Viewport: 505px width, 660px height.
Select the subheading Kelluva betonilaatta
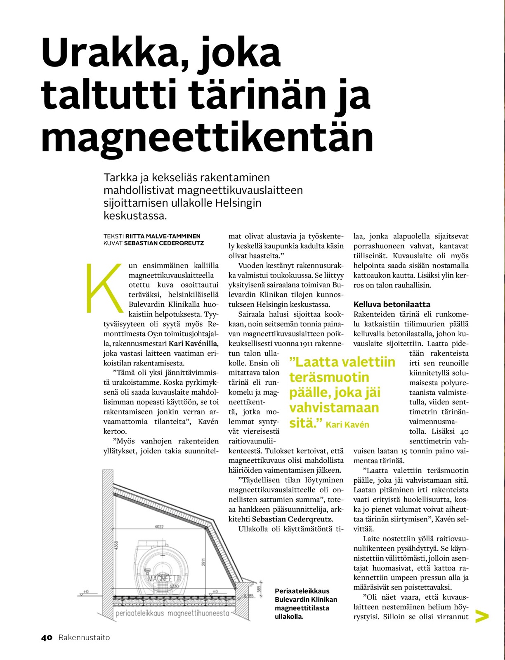click(x=392, y=304)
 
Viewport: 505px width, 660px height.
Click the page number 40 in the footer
click(x=47, y=637)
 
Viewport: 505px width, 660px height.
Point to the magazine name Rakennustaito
click(x=84, y=637)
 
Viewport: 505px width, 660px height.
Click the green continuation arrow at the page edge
click(x=482, y=616)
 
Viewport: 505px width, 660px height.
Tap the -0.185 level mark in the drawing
click(x=248, y=596)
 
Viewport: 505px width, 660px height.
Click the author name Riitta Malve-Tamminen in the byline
click(x=163, y=236)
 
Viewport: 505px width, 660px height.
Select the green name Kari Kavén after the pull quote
click(x=347, y=425)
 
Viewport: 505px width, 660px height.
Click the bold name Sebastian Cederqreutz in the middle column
click(x=292, y=519)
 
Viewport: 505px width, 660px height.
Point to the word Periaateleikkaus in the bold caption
click(x=302, y=591)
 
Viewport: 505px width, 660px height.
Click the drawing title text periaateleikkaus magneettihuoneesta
click(x=172, y=613)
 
